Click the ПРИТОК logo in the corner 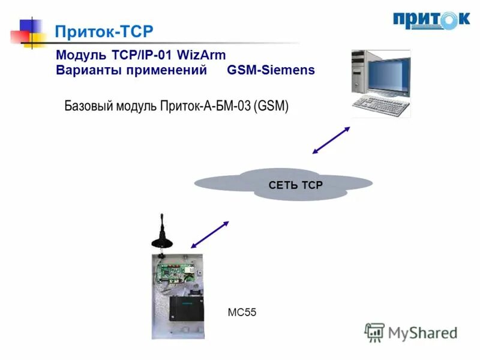coord(431,20)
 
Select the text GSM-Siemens coord(271,70)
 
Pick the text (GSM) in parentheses coord(271,107)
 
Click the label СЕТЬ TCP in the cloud coord(295,185)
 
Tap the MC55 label coord(242,312)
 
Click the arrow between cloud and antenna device coord(209,234)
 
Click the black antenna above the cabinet coord(161,234)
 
